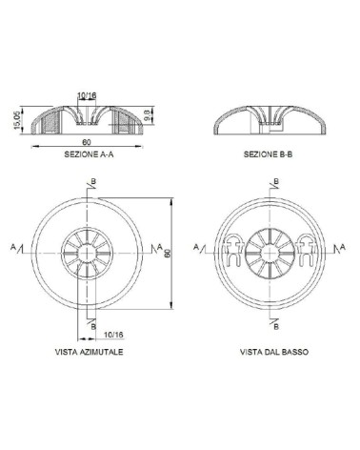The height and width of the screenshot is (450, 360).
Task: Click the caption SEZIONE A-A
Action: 89,154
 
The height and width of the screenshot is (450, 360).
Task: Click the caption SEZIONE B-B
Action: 269,154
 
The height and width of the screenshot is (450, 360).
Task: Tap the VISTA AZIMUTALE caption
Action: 89,352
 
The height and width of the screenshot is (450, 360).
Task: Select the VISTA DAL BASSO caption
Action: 274,352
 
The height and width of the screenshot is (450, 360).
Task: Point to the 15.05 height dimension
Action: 17,120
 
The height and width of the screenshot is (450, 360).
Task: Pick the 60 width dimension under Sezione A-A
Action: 87,142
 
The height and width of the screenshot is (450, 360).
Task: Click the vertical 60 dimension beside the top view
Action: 168,253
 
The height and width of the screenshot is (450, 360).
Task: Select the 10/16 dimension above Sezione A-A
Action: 87,95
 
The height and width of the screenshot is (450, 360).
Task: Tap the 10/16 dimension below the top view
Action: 113,335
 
